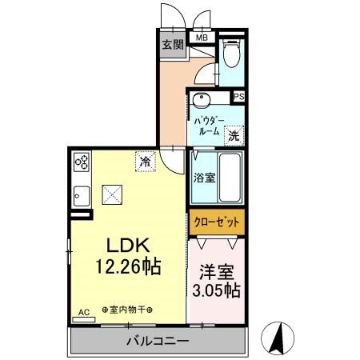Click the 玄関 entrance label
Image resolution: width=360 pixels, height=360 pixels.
click(x=174, y=44)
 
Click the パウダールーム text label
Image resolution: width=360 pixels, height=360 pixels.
click(x=210, y=126)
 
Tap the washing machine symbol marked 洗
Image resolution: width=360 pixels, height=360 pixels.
click(x=234, y=135)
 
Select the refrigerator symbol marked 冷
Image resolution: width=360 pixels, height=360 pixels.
click(x=146, y=162)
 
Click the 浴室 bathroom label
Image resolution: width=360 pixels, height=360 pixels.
click(x=204, y=178)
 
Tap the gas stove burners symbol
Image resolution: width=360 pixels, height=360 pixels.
click(x=82, y=163)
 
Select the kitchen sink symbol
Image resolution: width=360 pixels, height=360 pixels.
click(x=81, y=195)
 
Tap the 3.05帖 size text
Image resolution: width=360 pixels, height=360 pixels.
click(x=217, y=290)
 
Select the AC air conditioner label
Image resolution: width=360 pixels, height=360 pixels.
click(x=83, y=314)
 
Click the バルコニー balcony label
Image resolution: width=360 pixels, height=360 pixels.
click(x=157, y=342)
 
